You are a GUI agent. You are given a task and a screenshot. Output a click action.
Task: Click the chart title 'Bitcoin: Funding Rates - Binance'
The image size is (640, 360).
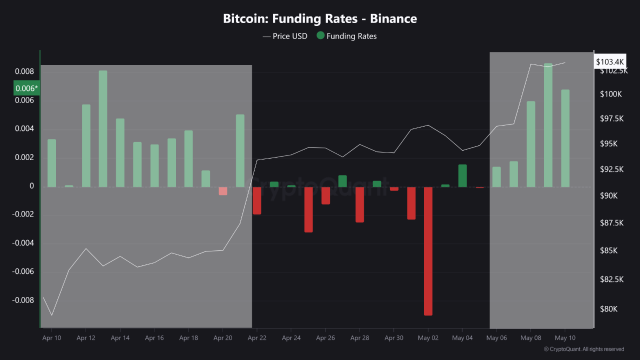[x=319, y=19]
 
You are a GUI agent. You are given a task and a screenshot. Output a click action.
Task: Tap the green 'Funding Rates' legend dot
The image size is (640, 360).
[x=320, y=36]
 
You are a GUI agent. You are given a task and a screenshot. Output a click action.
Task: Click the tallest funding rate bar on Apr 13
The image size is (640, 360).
[x=103, y=128]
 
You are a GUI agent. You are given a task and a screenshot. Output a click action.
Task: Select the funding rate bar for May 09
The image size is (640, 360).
[x=548, y=125]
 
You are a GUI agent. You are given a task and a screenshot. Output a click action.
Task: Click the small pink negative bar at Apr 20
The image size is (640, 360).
[x=222, y=191]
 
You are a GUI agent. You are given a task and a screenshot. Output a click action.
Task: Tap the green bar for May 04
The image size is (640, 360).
[x=462, y=175]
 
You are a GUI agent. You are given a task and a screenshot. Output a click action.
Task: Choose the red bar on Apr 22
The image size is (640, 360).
[x=257, y=200]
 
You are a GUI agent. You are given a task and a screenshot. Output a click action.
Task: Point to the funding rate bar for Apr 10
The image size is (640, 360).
[x=51, y=163]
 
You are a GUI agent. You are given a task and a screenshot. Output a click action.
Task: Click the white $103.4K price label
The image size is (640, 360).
[x=610, y=61]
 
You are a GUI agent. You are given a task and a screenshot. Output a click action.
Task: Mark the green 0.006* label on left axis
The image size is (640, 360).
[x=26, y=88]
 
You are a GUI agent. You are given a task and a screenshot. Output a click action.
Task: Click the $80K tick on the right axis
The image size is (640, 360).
[x=608, y=309]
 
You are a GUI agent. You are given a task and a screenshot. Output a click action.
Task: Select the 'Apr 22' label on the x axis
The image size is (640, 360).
[x=256, y=338]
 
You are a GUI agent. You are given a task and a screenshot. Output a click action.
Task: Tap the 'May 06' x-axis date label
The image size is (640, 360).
[x=496, y=338]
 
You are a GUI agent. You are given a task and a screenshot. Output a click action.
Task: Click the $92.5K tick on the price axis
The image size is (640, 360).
[x=611, y=169]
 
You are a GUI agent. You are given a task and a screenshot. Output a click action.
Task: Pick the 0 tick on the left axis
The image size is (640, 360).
[x=31, y=186]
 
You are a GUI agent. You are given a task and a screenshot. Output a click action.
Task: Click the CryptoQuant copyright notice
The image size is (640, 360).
[x=584, y=349]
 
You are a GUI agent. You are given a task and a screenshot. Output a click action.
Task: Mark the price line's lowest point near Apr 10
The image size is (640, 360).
[x=52, y=315]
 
